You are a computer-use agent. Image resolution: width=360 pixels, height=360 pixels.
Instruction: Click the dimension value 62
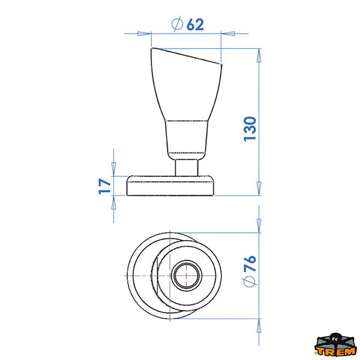pyautogui.click(x=195, y=25)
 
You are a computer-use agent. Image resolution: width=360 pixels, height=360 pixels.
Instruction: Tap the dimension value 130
pyautogui.click(x=250, y=129)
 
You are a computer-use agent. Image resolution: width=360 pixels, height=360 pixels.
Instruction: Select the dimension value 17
pyautogui.click(x=104, y=186)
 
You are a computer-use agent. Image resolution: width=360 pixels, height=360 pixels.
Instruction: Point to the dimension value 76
pyautogui.click(x=250, y=263)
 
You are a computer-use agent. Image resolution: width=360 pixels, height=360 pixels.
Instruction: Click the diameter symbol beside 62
pyautogui.click(x=177, y=24)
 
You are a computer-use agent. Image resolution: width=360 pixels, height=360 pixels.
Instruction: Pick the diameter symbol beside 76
pyautogui.click(x=250, y=282)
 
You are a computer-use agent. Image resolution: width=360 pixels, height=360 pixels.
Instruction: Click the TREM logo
pyautogui.click(x=335, y=346)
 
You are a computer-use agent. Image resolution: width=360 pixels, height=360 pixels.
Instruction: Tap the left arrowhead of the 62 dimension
pyautogui.click(x=144, y=34)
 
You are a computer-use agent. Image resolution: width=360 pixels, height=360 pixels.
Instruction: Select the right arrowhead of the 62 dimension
pyautogui.click(x=228, y=34)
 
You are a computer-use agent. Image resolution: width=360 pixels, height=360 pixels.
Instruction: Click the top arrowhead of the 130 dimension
pyautogui.click(x=259, y=55)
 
